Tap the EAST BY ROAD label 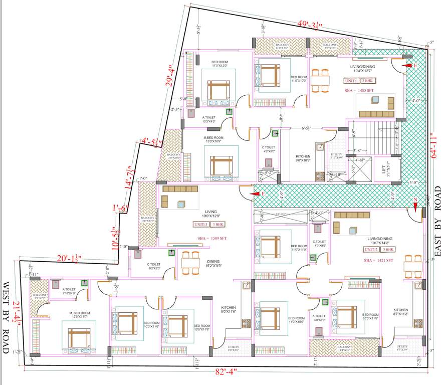437,222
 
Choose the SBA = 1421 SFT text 379,260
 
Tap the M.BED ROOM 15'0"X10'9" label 213,139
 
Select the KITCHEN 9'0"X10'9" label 303,158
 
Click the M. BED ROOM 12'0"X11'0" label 80,315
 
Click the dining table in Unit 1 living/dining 320,80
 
